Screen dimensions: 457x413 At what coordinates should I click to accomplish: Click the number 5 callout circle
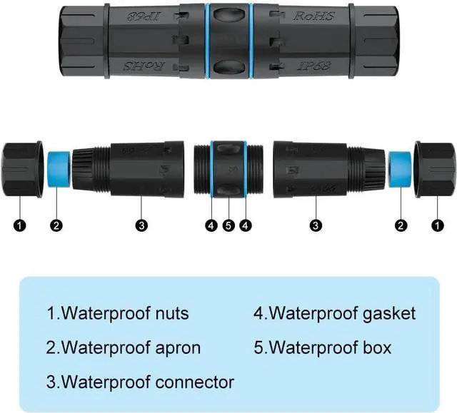pos(228,226)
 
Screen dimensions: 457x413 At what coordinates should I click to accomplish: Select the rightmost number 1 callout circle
pos(437,226)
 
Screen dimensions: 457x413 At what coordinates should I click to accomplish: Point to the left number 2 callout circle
pos(57,226)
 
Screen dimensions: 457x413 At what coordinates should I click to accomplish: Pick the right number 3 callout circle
pos(315,226)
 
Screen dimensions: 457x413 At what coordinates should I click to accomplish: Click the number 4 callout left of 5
pos(211,226)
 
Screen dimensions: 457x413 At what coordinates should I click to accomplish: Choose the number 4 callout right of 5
pos(246,226)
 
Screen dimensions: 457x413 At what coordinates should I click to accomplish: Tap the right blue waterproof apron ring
pos(399,170)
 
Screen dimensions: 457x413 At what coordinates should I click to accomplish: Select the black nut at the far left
pos(21,169)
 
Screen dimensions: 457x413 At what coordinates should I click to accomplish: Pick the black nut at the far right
pos(435,169)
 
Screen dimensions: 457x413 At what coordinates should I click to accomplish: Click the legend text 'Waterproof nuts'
pos(118,313)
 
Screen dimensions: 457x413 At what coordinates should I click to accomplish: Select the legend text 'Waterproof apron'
pos(124,347)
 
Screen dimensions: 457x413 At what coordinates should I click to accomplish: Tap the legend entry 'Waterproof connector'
pos(140,382)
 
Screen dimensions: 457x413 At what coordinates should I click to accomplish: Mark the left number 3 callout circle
pos(142,226)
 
